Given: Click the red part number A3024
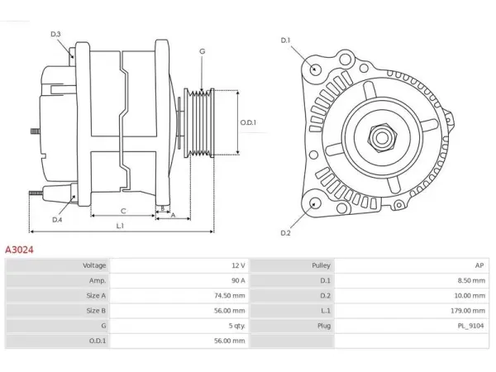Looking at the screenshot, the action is pos(19,250).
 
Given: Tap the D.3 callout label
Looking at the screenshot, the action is pos(55,34).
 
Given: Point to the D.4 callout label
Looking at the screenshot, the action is pos(57,220).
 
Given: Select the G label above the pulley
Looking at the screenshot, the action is pos(203,51).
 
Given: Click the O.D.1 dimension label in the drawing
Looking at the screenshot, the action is pos(248,122).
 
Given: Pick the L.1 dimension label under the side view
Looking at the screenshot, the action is pos(120,226).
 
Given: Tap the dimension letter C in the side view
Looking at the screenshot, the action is pos(123,211).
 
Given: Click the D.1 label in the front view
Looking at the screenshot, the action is pos(285,41).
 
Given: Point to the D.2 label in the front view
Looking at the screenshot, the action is pos(285,233).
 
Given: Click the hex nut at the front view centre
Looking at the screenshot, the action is pos(382,138).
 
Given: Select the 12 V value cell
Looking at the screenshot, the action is pos(238,265).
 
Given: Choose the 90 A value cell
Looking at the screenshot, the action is pos(238,280).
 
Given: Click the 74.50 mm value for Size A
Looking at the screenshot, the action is pos(229,296).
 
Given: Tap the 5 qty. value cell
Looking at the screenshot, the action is pos(237,326).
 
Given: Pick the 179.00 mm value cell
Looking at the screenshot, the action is pos(468,311).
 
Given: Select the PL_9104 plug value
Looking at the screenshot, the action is pos(470,326).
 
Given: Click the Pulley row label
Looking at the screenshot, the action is pos(321,265).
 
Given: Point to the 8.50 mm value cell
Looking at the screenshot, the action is pos(471,280).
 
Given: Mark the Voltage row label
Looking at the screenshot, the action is pos(94,265).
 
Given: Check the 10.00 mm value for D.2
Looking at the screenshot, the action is pos(470,296).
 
